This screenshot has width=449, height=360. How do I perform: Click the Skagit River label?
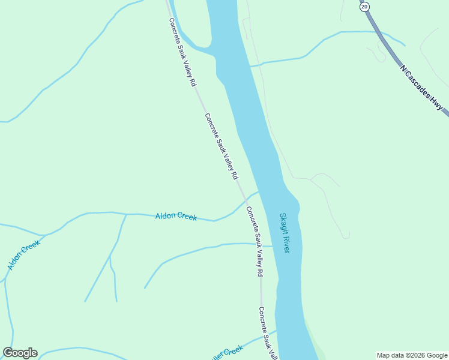(285, 233)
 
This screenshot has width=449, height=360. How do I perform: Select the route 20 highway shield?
(364, 5)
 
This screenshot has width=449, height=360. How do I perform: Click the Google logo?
(20, 353)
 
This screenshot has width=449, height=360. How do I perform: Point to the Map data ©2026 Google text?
(412, 355)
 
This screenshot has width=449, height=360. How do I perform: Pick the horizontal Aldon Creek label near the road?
(176, 216)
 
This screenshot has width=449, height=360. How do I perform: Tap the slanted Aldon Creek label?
(23, 254)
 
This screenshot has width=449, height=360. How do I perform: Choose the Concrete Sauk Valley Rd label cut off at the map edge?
(267, 334)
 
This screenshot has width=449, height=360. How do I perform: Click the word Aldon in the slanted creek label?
(16, 261)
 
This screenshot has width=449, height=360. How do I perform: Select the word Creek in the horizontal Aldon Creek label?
(186, 217)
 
